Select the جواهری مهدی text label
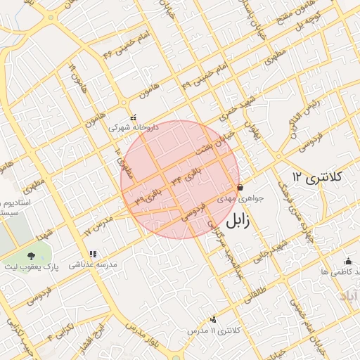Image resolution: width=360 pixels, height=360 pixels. [240, 198]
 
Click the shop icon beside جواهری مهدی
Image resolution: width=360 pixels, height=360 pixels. [240, 188]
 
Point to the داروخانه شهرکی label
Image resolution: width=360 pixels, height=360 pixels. [134, 128]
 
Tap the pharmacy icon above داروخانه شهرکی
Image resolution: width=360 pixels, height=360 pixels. [134, 118]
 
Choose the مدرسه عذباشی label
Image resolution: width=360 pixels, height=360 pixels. [92, 264]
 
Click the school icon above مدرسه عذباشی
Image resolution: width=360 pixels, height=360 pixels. [92, 255]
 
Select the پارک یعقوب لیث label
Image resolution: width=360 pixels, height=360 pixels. [32, 268]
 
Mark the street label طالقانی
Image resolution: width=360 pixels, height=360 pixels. [255, 290]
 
